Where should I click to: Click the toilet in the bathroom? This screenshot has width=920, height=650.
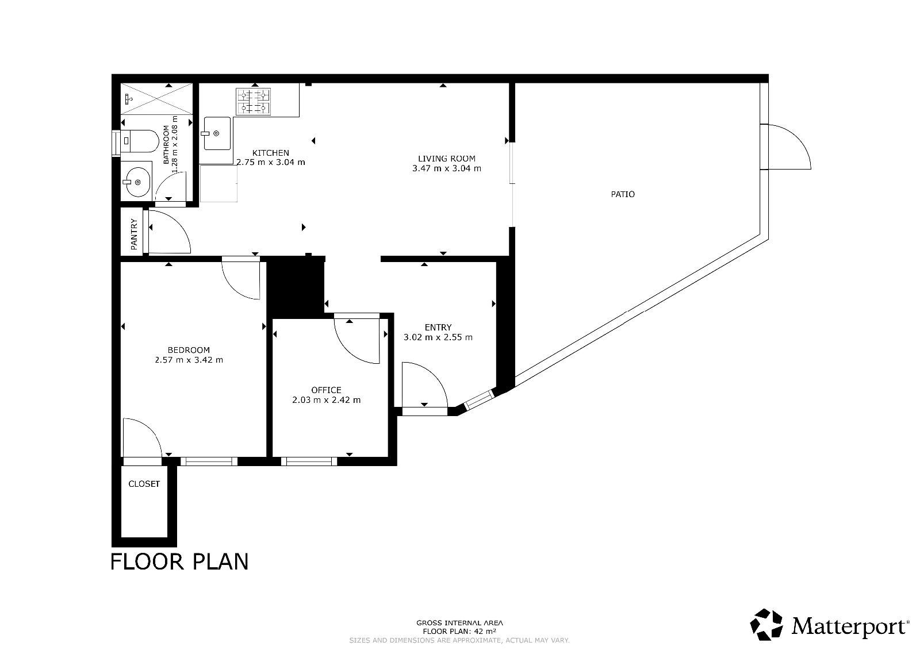140,141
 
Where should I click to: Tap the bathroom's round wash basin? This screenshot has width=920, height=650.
137,182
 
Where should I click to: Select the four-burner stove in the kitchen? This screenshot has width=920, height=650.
253,101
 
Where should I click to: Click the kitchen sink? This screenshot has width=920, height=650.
217,133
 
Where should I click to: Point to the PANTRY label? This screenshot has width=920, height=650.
134,234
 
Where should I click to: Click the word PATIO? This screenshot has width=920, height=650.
623,194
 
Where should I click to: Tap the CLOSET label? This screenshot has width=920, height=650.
144,484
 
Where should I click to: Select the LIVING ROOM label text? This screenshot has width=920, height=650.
446,159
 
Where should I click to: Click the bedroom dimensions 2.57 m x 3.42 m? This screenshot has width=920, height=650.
189,360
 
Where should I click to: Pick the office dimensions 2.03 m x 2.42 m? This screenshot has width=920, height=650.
327,400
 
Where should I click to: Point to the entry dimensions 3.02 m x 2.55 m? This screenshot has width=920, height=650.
438,337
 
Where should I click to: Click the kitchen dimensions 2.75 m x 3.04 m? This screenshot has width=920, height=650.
271,162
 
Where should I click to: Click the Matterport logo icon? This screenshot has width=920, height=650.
766,625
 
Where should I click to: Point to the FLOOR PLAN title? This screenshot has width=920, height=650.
179,561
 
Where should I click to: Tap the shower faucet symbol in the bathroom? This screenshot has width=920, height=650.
129,98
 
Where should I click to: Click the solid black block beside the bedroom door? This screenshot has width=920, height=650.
296,287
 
